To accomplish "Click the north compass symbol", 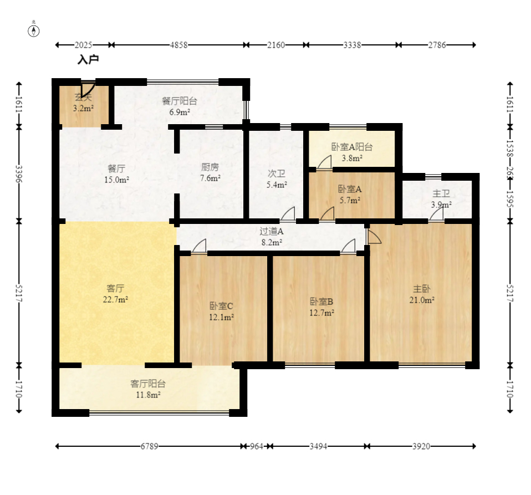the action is point(33,31).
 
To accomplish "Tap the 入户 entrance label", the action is point(88,60).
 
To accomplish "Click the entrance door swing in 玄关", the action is point(88,89).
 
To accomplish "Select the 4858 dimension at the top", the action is point(178,45).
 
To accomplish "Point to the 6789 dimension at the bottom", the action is point(149,446).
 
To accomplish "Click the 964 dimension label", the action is point(257,446).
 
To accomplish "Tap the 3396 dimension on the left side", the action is point(19,173).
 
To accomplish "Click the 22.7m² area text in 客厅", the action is point(115,299).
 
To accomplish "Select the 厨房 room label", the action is point(210,167).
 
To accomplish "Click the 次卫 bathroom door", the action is point(288,213).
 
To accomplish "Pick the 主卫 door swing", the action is point(436,214).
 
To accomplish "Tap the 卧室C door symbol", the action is point(199,246).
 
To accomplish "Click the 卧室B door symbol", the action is point(348,246).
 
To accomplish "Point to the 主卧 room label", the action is point(422,289).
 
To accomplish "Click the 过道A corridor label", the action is point(272,231).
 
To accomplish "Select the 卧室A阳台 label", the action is point(352,147).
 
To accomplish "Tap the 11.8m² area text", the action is point(149,395).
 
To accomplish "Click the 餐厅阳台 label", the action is point(180,101).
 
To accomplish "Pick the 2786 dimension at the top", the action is point(437,45).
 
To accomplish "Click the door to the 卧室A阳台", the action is point(324,162).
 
